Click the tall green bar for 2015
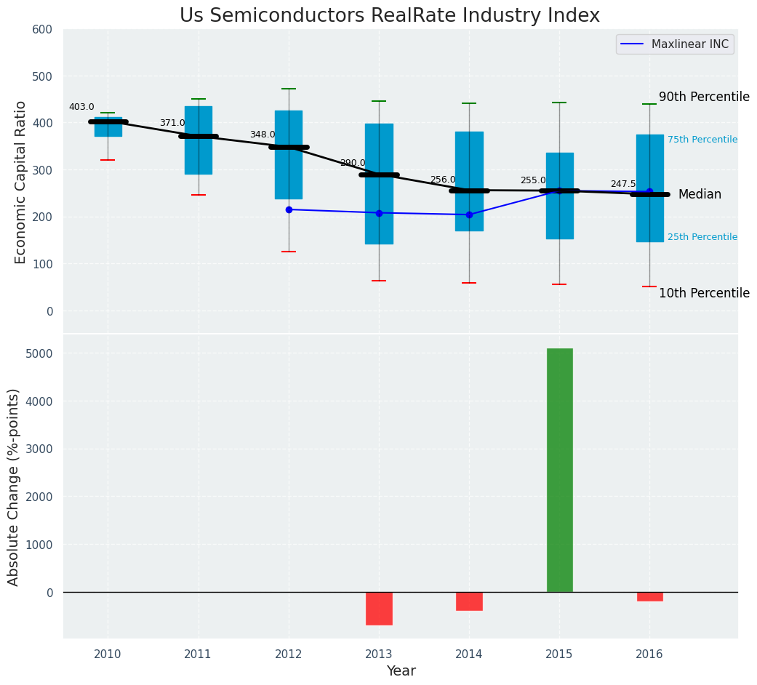click(x=559, y=470)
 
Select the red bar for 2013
click(x=379, y=609)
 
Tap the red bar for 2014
click(x=469, y=601)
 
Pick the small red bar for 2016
click(x=649, y=597)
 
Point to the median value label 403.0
click(x=81, y=107)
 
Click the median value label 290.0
click(x=353, y=163)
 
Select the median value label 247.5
click(x=623, y=184)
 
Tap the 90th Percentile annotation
click(x=704, y=97)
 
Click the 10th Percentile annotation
click(x=704, y=293)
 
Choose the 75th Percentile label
click(x=702, y=140)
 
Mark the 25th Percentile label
click(x=702, y=237)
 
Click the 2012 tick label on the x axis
click(x=289, y=654)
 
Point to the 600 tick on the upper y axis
click(x=43, y=29)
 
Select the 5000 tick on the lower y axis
click(x=40, y=353)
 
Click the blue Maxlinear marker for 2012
click(x=289, y=209)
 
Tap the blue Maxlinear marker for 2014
click(x=469, y=215)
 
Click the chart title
click(x=390, y=16)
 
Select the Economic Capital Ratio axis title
click(x=21, y=182)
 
